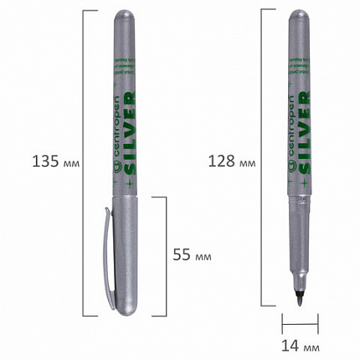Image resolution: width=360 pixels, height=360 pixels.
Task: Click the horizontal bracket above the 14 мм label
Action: [301, 319]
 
